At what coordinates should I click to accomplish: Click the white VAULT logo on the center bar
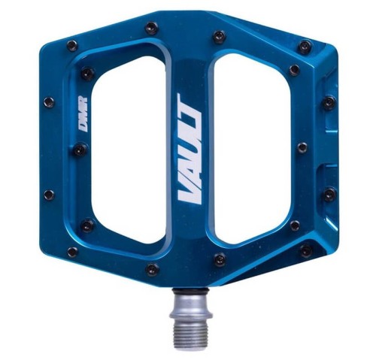pos(190,147)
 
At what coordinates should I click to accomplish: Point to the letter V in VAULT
pos(190,192)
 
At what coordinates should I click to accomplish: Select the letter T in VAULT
pos(190,104)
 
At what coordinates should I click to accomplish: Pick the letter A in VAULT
pos(190,171)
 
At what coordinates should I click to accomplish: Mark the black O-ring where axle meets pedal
pos(190,291)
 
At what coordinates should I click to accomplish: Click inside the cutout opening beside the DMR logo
pos(128,150)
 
